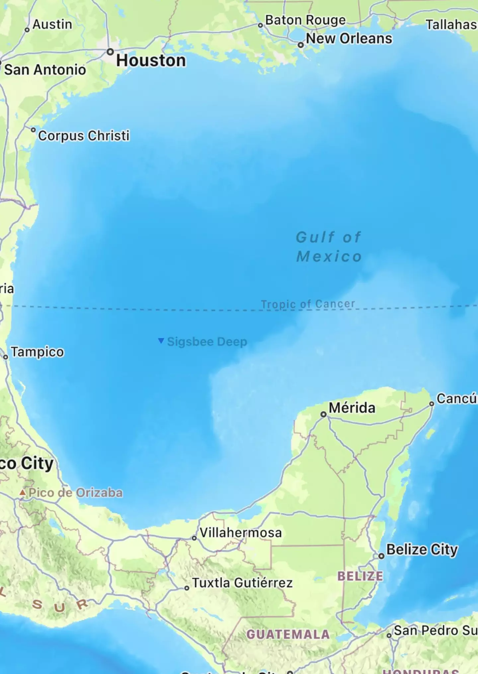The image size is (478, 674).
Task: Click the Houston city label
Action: [151, 61]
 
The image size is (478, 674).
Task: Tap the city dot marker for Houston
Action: [110, 52]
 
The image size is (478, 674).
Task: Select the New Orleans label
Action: [349, 38]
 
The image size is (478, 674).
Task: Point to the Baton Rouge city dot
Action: [261, 26]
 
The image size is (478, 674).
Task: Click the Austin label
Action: [52, 25]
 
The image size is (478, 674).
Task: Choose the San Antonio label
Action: [45, 70]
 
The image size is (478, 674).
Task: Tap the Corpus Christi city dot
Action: [33, 130]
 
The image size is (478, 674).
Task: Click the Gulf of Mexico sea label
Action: [329, 247]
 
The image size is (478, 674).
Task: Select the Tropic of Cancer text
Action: [308, 304]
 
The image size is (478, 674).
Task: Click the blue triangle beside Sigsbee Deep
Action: [161, 341]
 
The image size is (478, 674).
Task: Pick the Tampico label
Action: [37, 352]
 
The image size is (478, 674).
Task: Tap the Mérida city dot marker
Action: [323, 414]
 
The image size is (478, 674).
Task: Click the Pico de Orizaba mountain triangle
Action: [22, 493]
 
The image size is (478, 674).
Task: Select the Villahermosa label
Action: [241, 533]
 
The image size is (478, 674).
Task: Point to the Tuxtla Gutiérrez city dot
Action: [187, 588]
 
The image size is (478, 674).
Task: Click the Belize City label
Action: [422, 550]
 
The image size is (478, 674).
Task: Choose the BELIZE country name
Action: [360, 576]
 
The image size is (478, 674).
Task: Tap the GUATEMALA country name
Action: [288, 635]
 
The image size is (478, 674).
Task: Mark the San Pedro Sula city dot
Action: [389, 636]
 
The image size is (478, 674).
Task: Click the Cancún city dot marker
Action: [432, 404]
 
